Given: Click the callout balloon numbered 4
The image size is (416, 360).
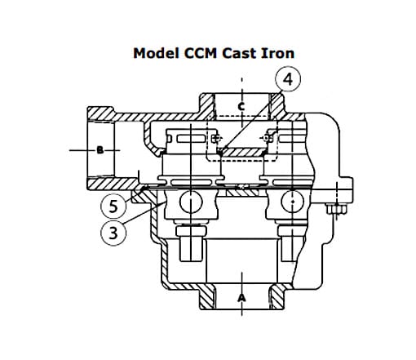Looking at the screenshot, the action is [288, 79].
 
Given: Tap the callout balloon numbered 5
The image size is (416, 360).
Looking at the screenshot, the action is [113, 206].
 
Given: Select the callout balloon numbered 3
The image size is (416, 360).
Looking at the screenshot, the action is [113, 233].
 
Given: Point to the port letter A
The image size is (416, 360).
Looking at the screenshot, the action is [241, 298].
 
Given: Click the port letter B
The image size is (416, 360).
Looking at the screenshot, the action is [100, 150].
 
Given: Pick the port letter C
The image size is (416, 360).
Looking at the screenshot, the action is [241, 106].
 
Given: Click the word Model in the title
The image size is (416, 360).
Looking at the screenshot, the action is [157, 53].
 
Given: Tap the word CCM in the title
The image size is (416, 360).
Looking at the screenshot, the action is [201, 53].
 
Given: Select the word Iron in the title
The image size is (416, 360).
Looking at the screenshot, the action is [277, 53].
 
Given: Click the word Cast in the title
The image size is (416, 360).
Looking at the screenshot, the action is [239, 53].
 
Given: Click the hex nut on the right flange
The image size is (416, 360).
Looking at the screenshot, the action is [337, 209].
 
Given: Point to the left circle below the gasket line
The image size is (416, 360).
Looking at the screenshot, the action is [191, 202].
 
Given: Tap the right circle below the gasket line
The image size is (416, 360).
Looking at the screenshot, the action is [293, 202].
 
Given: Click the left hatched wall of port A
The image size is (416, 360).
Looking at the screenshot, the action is [208, 297].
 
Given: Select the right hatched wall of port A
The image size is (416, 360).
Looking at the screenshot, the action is [277, 297].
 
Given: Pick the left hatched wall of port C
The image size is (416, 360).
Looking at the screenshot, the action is [207, 106].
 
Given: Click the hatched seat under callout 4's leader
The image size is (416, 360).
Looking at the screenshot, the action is [243, 153].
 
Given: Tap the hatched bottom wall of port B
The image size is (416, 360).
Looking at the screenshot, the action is [113, 184].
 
